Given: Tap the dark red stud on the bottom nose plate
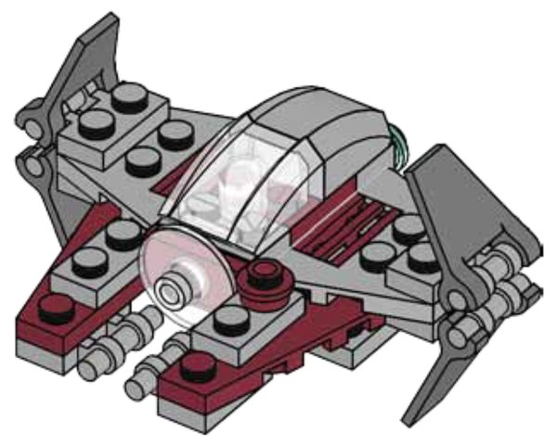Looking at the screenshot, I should tap(197, 363).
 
